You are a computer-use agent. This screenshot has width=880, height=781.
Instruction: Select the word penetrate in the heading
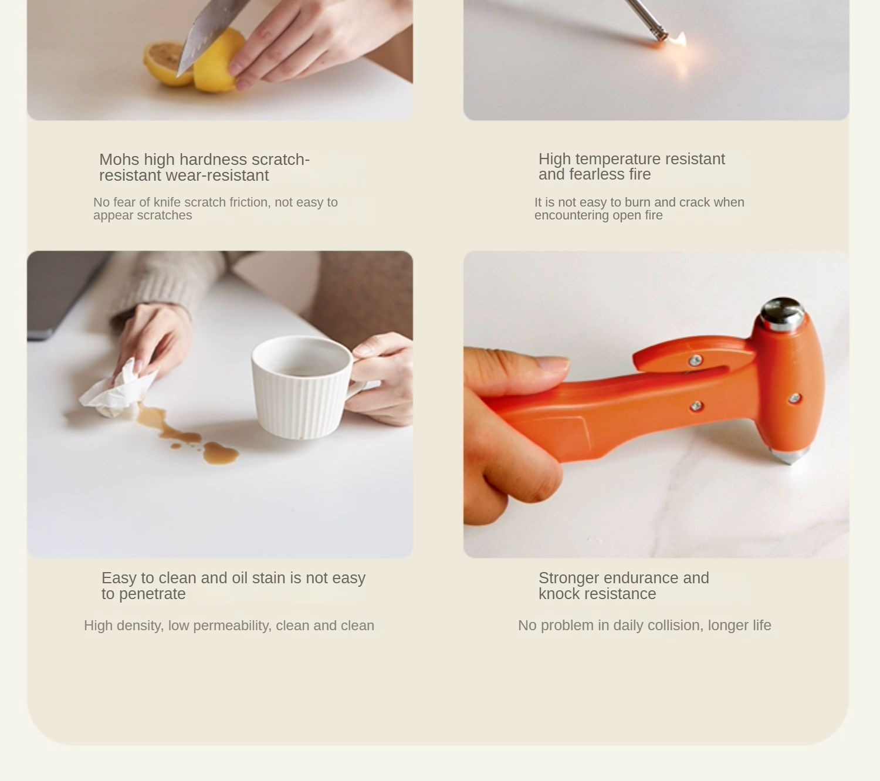[x=152, y=594]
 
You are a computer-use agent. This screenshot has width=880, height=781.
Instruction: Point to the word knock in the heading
[x=559, y=594]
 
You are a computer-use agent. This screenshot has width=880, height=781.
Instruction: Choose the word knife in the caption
[x=167, y=202]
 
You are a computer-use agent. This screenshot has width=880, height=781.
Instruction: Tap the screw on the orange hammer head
[x=794, y=398]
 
